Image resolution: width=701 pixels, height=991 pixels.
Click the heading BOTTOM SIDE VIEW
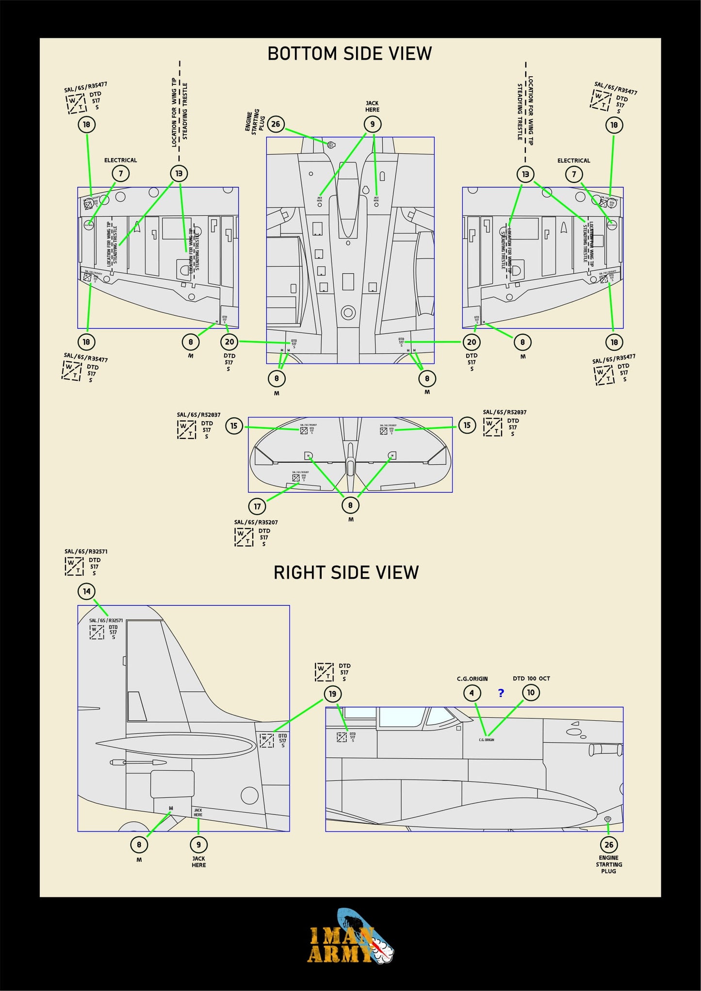[349, 53]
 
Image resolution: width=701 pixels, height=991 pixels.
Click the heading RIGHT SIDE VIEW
[346, 572]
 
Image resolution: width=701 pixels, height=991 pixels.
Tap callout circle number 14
[86, 591]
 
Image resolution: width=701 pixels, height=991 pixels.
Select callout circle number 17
[257, 506]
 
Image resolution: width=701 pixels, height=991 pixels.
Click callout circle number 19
[332, 694]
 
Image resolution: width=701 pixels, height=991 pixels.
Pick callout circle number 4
[472, 693]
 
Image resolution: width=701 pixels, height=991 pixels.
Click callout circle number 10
[531, 693]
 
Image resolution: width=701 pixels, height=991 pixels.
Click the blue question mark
[501, 693]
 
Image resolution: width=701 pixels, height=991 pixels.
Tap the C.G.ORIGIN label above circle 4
[472, 679]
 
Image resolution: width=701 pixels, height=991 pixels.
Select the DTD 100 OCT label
[531, 679]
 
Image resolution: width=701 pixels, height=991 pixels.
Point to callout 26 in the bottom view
[276, 124]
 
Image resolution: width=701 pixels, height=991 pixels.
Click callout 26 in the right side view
[608, 845]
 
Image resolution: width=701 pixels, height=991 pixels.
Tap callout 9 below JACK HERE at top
[373, 125]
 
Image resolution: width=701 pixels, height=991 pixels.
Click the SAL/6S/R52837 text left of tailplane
[198, 415]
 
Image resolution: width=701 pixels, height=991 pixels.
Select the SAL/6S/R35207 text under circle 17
[256, 522]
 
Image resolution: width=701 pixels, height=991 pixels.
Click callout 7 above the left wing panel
[121, 174]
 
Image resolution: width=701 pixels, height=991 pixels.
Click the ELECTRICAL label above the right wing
[573, 161]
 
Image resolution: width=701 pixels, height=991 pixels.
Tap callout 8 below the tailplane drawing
[350, 505]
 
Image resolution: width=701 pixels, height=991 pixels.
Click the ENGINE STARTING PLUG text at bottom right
[608, 864]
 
